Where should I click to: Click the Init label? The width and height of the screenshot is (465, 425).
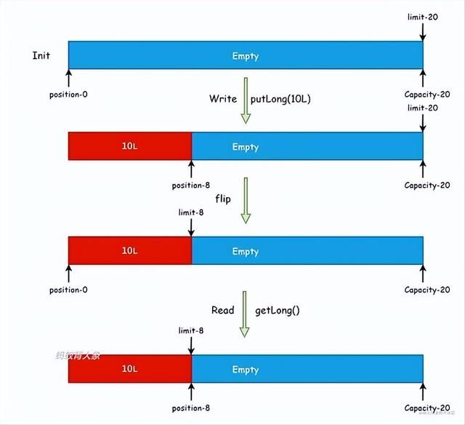41,56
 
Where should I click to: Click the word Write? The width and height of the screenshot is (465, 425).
222,98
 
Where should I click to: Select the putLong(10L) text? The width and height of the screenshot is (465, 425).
281,98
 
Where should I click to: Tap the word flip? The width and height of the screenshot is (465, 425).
222,198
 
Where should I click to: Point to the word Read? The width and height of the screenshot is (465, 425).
222,310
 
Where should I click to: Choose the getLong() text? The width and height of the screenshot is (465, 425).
277,310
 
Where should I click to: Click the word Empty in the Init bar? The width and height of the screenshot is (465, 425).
245,56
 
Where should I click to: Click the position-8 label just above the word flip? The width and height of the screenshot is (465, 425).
191,186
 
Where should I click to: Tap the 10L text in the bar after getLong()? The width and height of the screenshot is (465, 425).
129,370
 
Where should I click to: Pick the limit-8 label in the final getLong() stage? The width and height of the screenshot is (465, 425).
190,330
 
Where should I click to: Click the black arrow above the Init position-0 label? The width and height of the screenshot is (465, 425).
68,78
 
